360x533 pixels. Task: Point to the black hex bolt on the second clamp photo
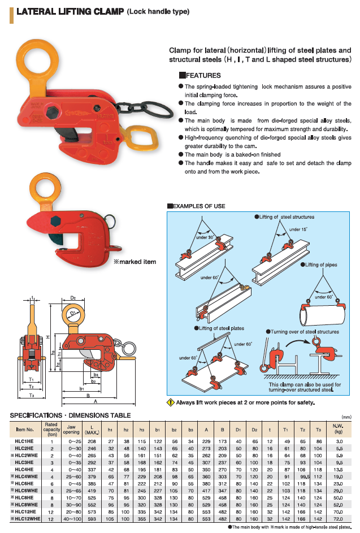pos(58,220)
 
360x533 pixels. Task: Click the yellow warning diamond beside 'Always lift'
pos(170,403)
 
